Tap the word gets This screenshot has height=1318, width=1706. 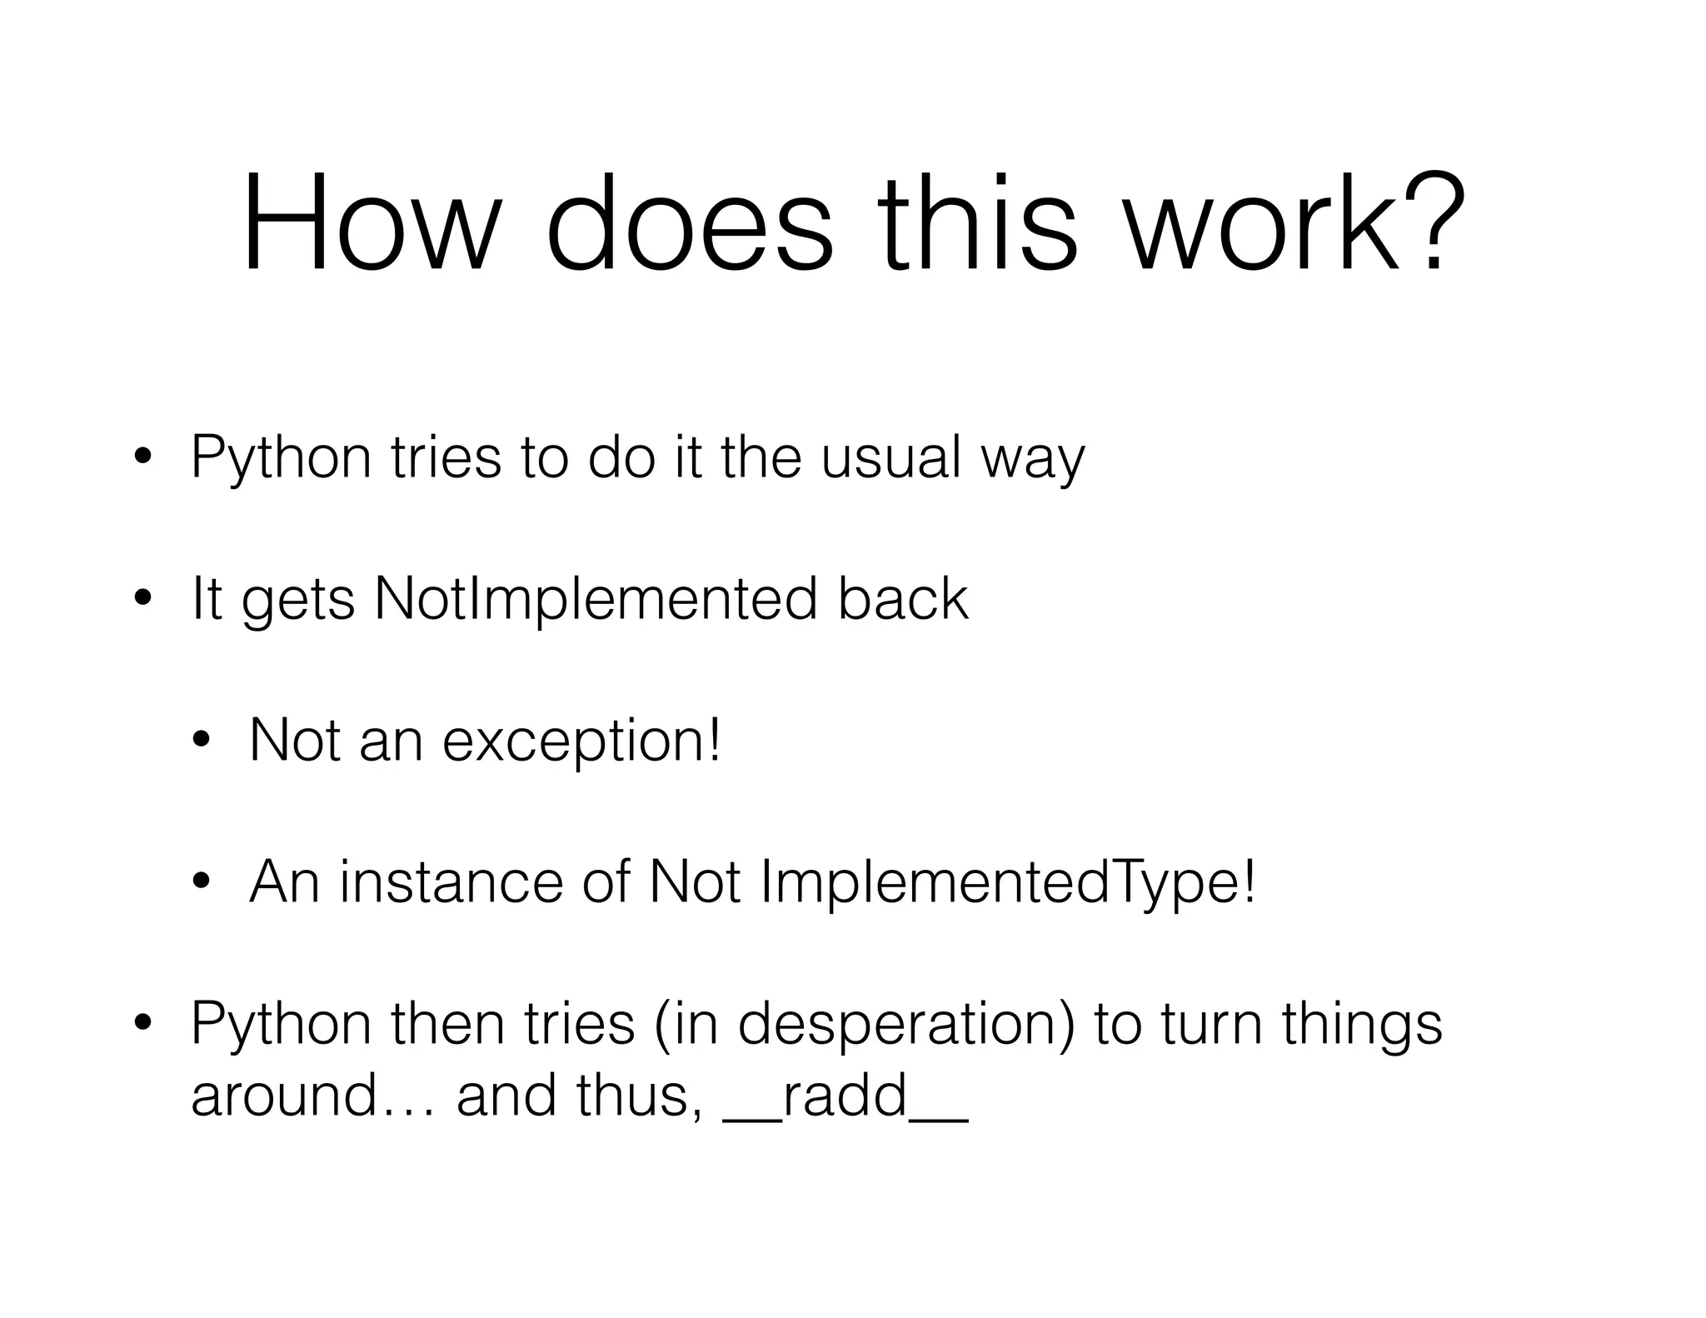tap(298, 602)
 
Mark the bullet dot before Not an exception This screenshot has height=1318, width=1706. tap(201, 741)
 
